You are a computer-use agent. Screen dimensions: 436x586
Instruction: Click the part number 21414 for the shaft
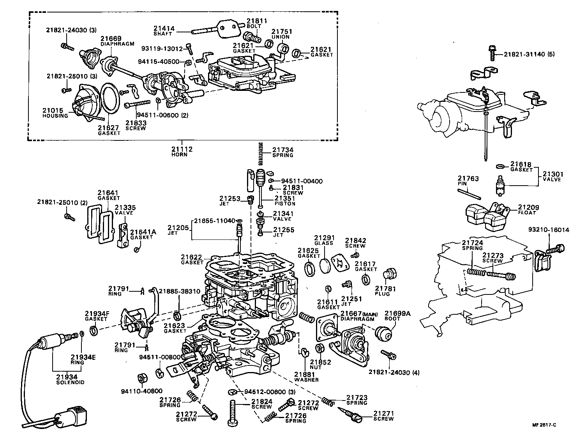[164, 28]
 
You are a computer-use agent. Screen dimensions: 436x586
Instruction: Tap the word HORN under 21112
[180, 154]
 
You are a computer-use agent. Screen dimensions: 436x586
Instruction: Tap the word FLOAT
[527, 213]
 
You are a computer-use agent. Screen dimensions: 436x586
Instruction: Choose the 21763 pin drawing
[471, 193]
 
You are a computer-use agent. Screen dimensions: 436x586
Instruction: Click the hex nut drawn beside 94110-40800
[142, 378]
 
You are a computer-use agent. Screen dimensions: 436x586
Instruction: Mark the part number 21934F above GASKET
[97, 314]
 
